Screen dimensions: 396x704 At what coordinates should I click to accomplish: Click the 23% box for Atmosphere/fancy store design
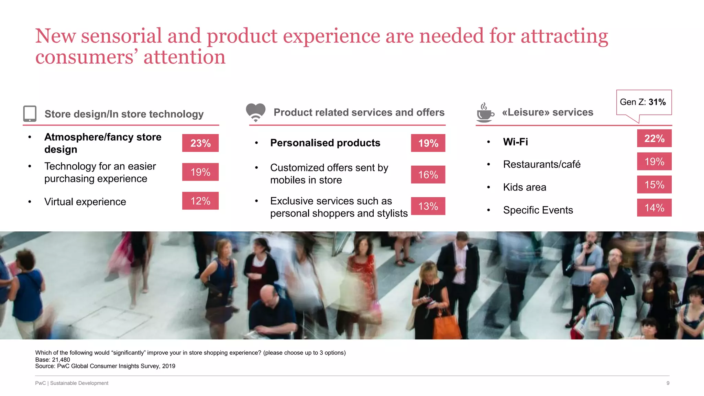click(x=200, y=143)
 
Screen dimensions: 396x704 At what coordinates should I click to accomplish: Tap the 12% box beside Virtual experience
click(x=200, y=201)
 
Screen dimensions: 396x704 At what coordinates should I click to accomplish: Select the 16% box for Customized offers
click(x=428, y=175)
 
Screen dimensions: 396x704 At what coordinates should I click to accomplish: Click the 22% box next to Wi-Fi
click(x=654, y=138)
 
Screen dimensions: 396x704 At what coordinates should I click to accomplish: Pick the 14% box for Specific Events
click(x=654, y=208)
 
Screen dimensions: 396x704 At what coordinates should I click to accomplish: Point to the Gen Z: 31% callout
click(x=643, y=102)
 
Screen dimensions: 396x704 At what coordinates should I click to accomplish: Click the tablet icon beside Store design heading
click(x=30, y=113)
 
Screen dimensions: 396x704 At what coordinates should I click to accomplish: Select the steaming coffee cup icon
click(x=485, y=113)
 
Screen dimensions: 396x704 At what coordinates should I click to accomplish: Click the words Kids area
click(x=525, y=187)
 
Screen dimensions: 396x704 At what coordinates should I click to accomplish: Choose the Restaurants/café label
click(x=542, y=164)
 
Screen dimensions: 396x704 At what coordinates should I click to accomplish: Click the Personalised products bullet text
click(x=325, y=143)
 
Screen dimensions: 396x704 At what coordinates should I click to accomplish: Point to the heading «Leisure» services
click(x=548, y=112)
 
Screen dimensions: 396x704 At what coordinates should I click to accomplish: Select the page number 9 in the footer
click(x=668, y=383)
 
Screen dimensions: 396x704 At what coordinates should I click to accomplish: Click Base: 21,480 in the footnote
click(x=53, y=360)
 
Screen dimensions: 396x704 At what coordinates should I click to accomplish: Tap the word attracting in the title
click(x=564, y=36)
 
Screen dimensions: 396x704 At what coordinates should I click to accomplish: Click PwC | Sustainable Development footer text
click(x=71, y=383)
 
